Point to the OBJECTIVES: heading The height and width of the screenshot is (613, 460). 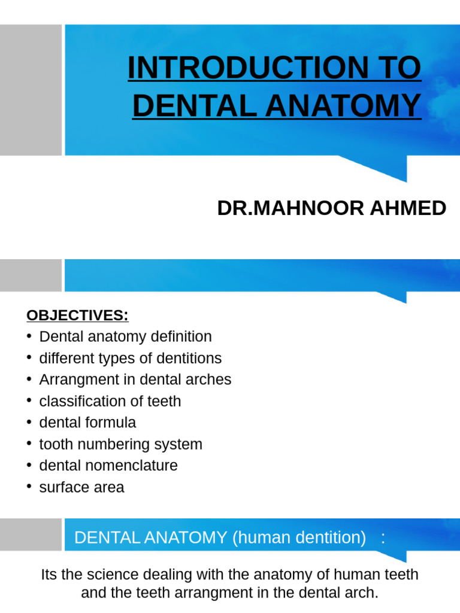click(77, 315)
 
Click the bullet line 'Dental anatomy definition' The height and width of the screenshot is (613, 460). click(125, 336)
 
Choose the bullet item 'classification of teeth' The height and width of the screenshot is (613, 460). click(110, 401)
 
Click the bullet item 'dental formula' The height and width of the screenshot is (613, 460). click(87, 423)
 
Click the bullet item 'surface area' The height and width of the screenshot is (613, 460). click(81, 487)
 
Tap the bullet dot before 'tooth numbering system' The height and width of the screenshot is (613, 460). click(29, 444)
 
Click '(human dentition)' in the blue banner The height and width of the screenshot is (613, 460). click(299, 538)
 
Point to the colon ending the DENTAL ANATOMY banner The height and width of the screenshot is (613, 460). click(383, 538)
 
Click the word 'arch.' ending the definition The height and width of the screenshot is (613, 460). click(364, 594)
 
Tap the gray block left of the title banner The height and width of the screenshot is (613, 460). click(31, 90)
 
